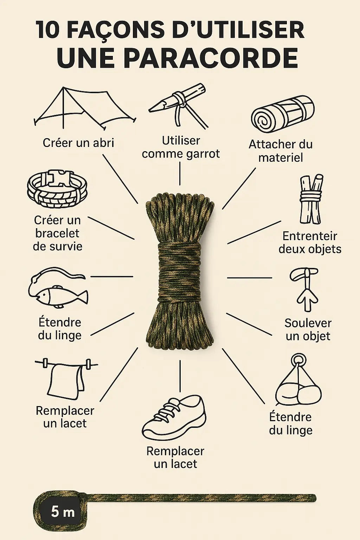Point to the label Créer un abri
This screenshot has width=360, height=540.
tap(78, 143)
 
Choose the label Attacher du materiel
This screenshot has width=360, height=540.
tap(281, 151)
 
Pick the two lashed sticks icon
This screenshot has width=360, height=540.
tap(311, 199)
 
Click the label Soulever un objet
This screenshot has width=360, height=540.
tap(308, 329)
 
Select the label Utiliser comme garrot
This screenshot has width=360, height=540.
tap(181, 147)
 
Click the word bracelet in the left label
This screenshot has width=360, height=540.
tap(57, 233)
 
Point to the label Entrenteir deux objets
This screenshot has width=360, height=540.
tap(310, 242)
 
